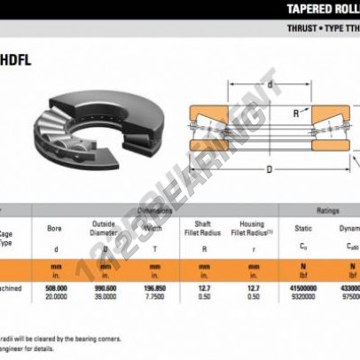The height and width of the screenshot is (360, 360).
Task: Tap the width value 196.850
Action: click(x=154, y=288)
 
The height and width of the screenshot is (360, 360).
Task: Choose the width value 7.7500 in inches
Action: click(x=154, y=297)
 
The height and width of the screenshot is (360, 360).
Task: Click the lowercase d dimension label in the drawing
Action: click(x=268, y=84)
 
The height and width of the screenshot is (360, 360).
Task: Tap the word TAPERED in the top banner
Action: click(x=309, y=10)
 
